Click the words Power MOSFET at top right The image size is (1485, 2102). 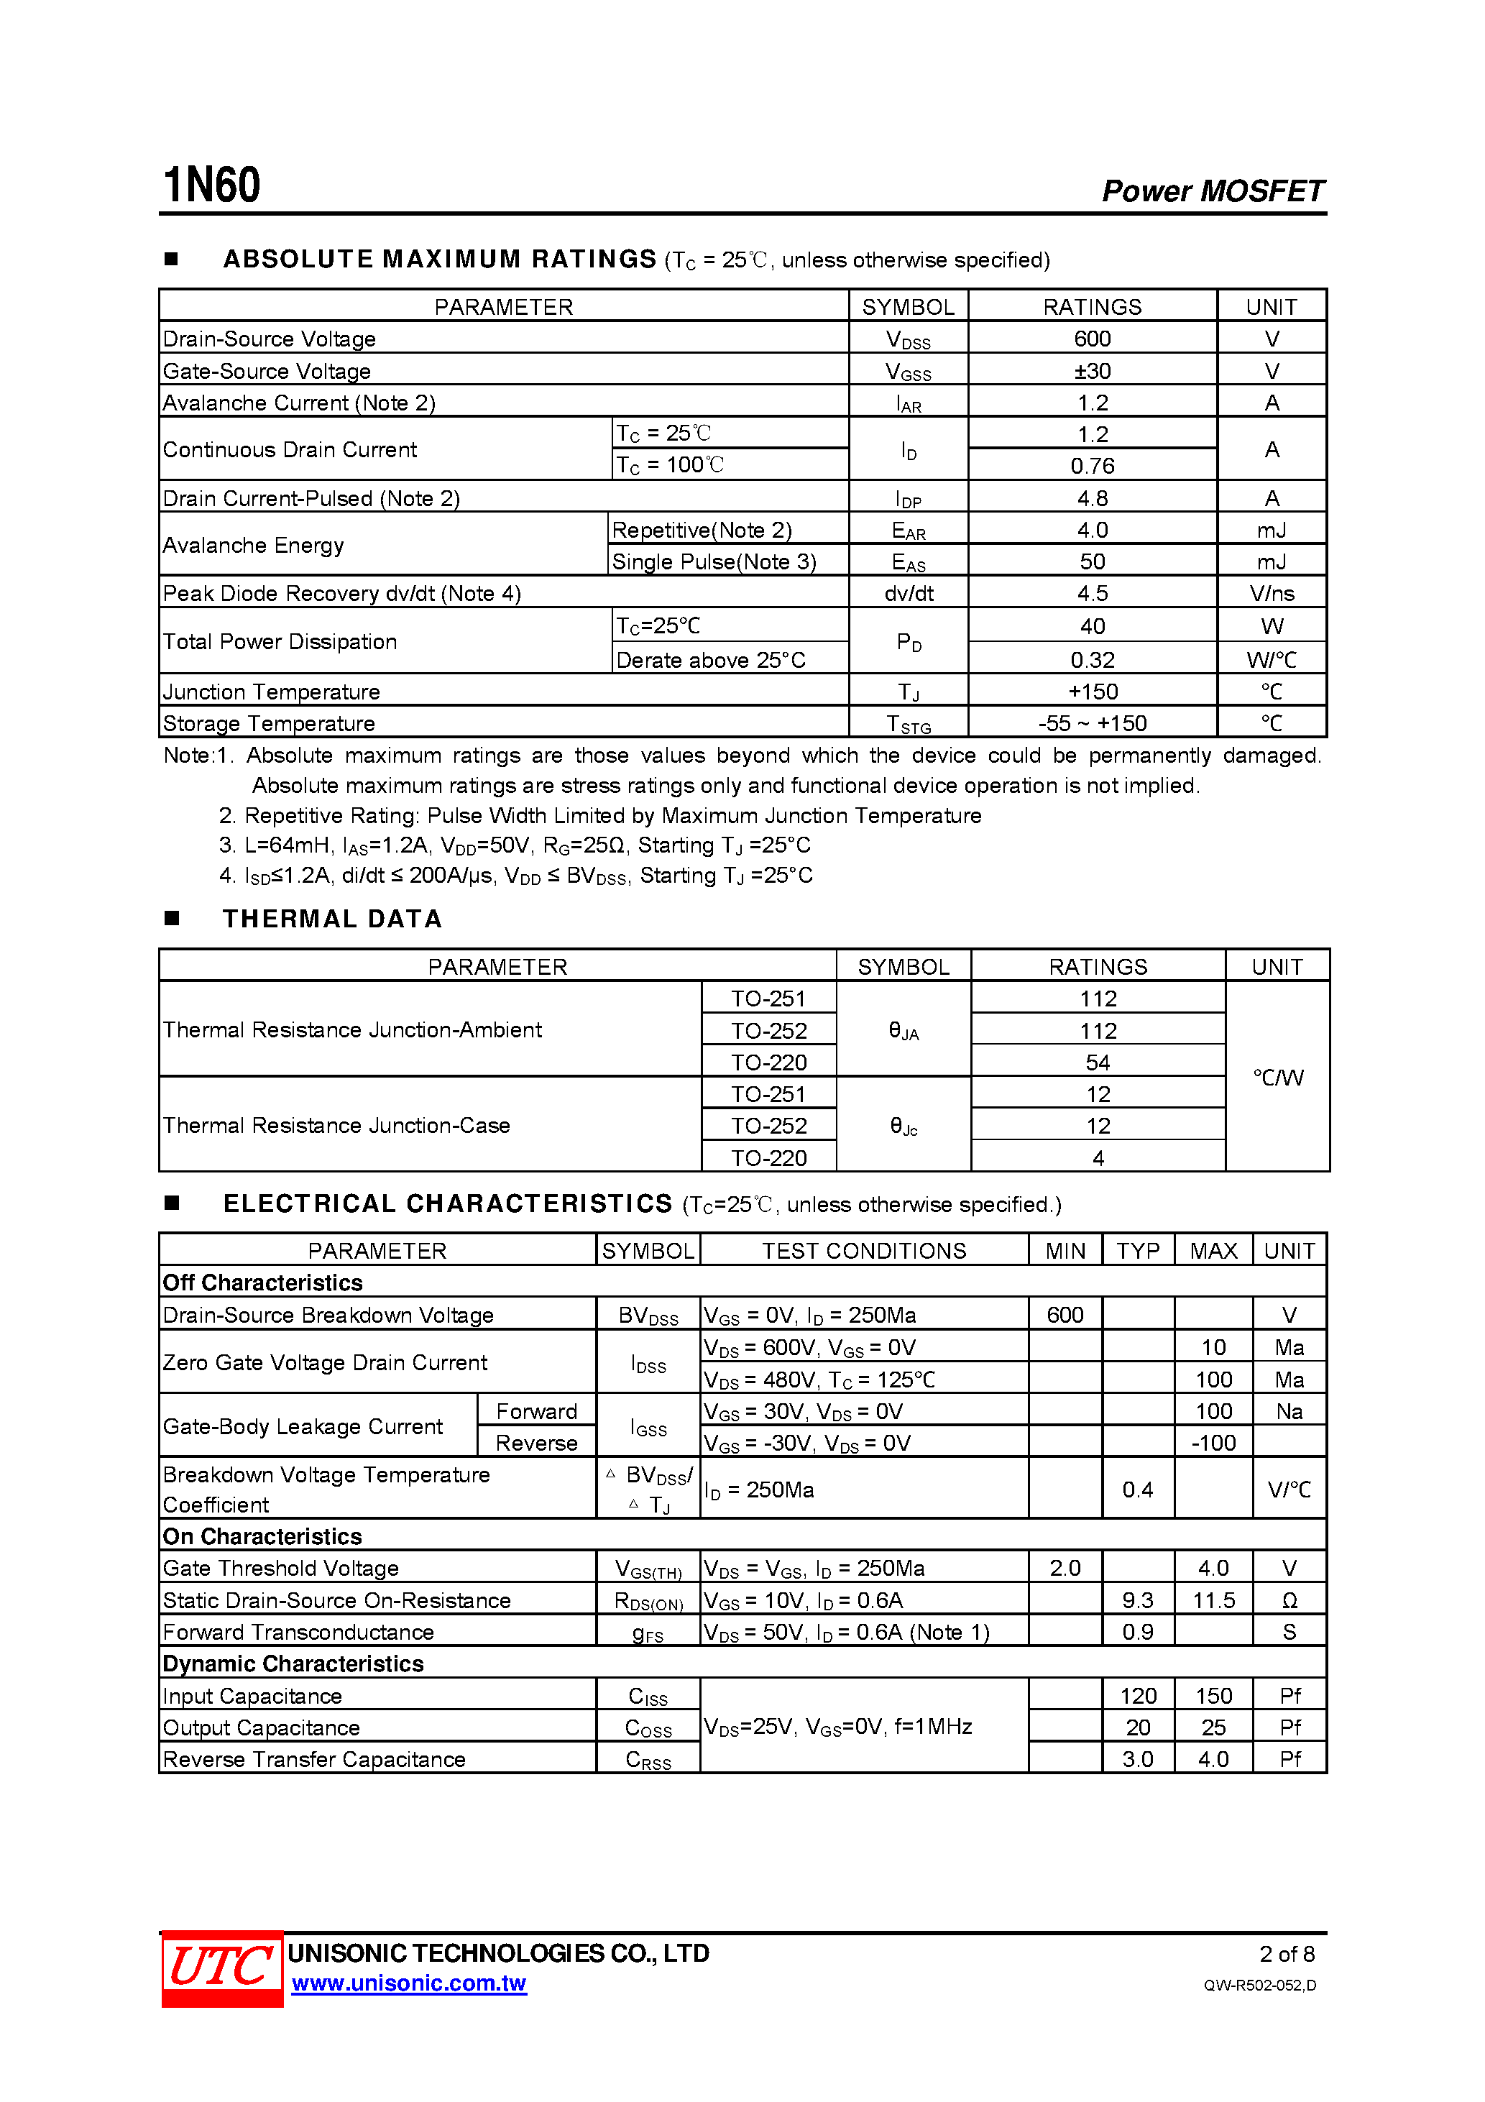point(1212,191)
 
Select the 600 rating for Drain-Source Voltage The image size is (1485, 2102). point(1093,339)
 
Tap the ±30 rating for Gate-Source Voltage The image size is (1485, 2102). point(1093,371)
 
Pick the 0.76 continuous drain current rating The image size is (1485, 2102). point(1093,466)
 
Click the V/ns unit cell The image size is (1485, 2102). point(1272,593)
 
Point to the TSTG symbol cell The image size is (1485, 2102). point(909,724)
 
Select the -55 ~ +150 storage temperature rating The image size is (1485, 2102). point(1093,723)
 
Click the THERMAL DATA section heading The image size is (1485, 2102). point(332,919)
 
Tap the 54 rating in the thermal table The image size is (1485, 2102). point(1098,1062)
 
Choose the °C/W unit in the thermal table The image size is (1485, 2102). point(1278,1078)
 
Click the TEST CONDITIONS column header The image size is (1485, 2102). point(864,1251)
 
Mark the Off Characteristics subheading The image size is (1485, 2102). point(263,1282)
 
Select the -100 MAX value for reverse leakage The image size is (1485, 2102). point(1213,1443)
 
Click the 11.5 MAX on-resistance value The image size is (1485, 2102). point(1213,1600)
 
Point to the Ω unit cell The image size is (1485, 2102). point(1289,1600)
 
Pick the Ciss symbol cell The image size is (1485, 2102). point(648,1697)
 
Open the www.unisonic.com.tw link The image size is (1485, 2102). point(408,1984)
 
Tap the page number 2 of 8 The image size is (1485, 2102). point(1287,1954)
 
